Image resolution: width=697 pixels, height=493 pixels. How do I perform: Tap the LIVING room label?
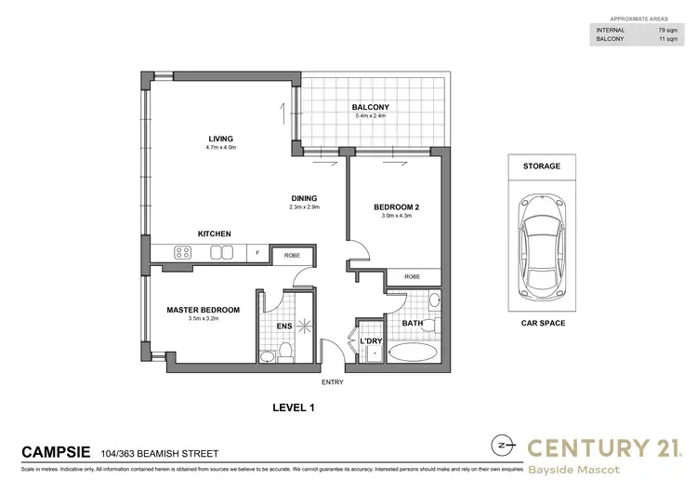coord(220,139)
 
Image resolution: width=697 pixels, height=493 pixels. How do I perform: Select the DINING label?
coord(304,197)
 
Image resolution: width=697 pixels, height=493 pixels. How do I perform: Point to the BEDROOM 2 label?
coord(397,207)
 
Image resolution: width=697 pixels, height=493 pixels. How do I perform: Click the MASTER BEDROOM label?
coord(203,310)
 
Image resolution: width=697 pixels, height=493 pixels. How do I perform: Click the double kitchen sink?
coord(222,252)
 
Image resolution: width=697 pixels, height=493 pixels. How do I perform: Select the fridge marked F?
coord(257,252)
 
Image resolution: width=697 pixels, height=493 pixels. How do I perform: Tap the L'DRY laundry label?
coord(373,340)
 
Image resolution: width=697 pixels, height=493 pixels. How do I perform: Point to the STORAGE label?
coord(542,166)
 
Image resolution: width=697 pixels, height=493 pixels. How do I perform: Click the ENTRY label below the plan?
coord(331,381)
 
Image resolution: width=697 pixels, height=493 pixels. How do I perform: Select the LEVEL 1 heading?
coord(294,406)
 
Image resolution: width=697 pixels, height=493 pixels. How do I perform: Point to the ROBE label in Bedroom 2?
coord(412,276)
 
